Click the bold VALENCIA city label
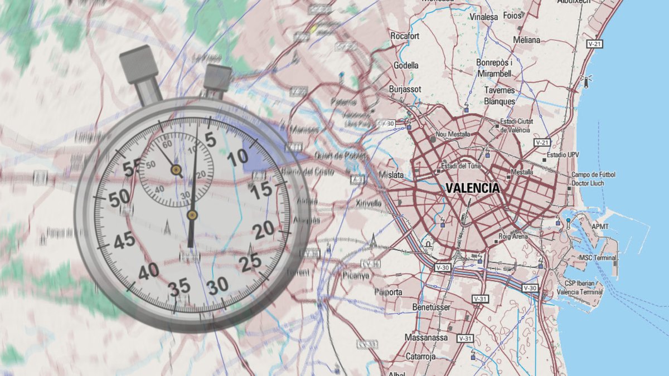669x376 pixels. tap(473, 188)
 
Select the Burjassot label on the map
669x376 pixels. tap(405, 89)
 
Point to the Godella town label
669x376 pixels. tap(406, 65)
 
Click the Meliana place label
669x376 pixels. tap(527, 40)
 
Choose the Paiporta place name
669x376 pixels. tap(389, 292)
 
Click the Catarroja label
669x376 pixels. tap(420, 356)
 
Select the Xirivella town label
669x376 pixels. tap(369, 203)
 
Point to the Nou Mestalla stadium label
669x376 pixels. tap(453, 134)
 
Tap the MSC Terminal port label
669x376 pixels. tap(598, 258)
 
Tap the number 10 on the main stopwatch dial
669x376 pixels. tap(238, 157)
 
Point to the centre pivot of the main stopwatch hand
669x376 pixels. tap(192, 214)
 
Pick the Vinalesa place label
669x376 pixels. tap(483, 17)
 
